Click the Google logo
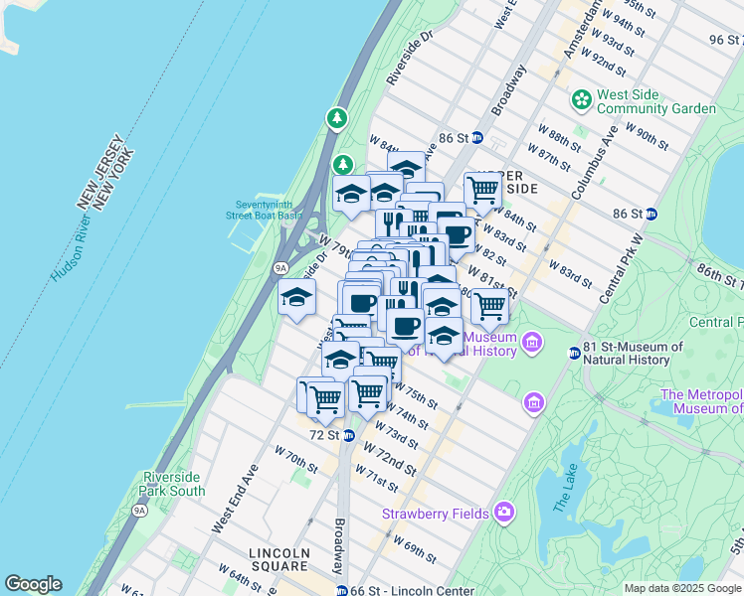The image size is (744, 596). pyautogui.click(x=33, y=584)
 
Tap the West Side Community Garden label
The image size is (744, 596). pyautogui.click(x=655, y=101)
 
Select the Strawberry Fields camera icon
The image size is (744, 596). pyautogui.click(x=505, y=512)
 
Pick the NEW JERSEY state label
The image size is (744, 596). pyautogui.click(x=98, y=169)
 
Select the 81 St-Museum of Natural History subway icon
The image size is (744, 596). pyautogui.click(x=574, y=353)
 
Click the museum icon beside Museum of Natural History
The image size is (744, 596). pyautogui.click(x=532, y=344)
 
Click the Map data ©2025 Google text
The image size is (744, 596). pyautogui.click(x=681, y=588)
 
